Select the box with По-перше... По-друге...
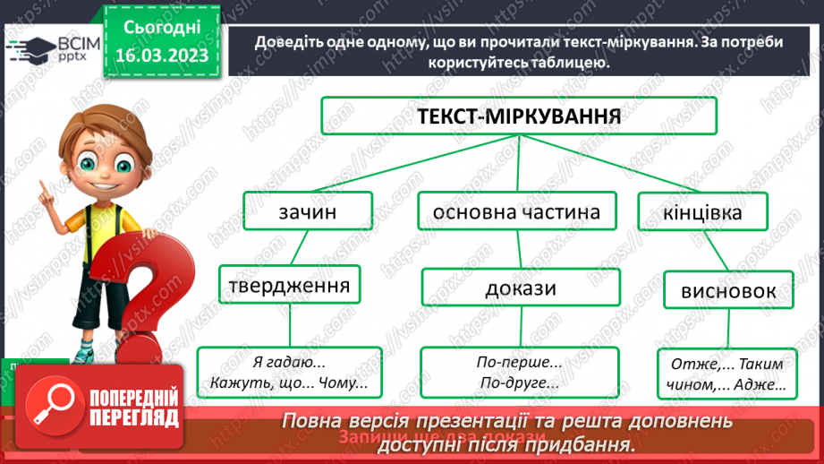[519, 373]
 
